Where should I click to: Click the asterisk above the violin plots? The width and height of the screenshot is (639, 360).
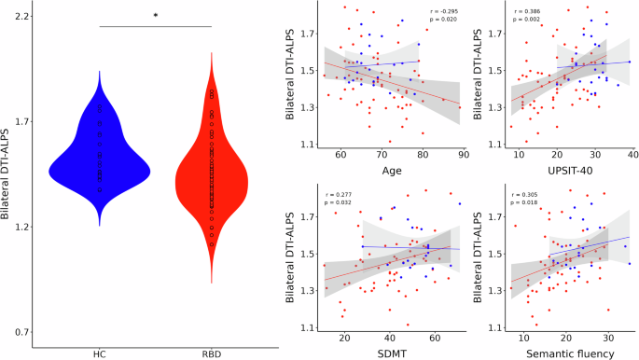pos(156,16)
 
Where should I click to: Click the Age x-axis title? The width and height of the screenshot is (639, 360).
pos(391,171)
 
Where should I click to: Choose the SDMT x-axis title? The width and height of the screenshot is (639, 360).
pos(392,352)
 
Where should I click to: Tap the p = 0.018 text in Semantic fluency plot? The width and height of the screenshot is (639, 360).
pos(524,200)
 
